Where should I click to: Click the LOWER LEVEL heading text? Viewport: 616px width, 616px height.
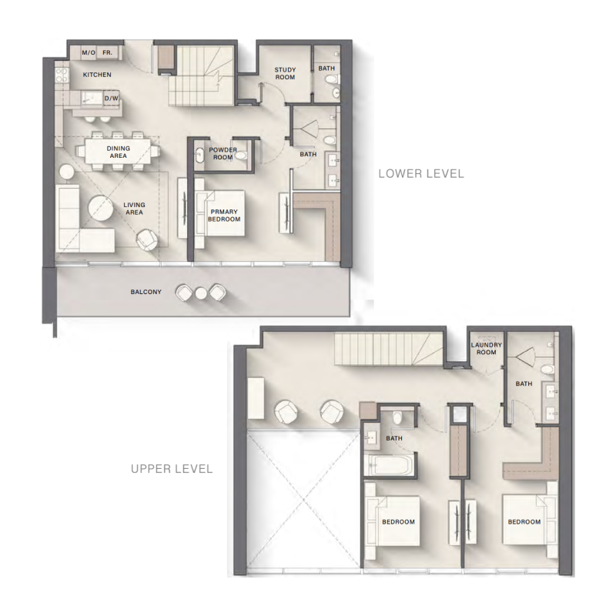tap(420, 174)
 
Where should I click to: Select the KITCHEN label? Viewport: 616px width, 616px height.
tap(97, 75)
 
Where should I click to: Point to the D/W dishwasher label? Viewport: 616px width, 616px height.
tap(112, 99)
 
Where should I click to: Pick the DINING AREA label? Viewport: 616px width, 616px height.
tap(118, 151)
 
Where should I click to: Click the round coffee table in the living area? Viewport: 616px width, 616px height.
tap(100, 208)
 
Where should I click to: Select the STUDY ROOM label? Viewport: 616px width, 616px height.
tap(285, 73)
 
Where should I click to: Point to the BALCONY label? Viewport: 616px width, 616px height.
tap(146, 292)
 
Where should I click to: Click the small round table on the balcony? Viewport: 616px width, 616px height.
tap(202, 293)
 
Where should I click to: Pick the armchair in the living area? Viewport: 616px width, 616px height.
tap(147, 239)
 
